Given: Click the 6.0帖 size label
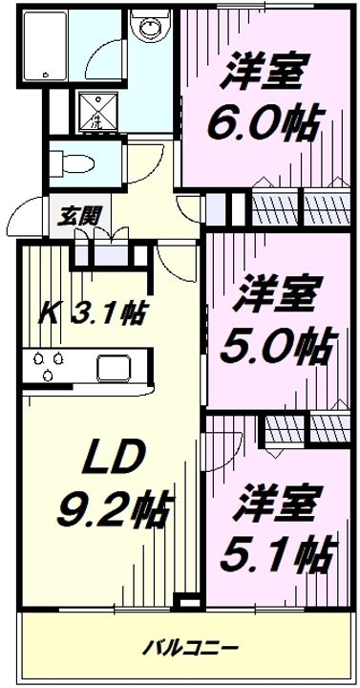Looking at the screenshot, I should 262,121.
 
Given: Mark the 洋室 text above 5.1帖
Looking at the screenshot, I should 283,500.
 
